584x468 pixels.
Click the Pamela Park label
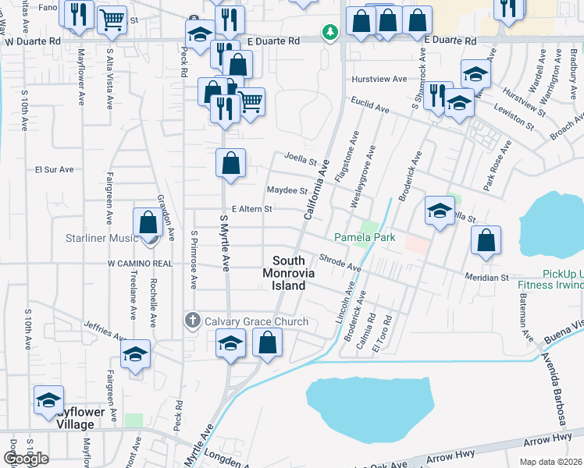365,237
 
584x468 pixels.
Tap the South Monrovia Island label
288,273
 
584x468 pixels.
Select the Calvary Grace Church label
256,321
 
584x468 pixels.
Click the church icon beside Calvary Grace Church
193,321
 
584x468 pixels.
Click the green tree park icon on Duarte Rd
331,32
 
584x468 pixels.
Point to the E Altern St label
251,209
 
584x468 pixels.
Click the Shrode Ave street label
340,263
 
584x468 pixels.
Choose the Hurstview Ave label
379,79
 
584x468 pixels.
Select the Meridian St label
487,277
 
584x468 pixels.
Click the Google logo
26,459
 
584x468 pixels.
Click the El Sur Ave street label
54,168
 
